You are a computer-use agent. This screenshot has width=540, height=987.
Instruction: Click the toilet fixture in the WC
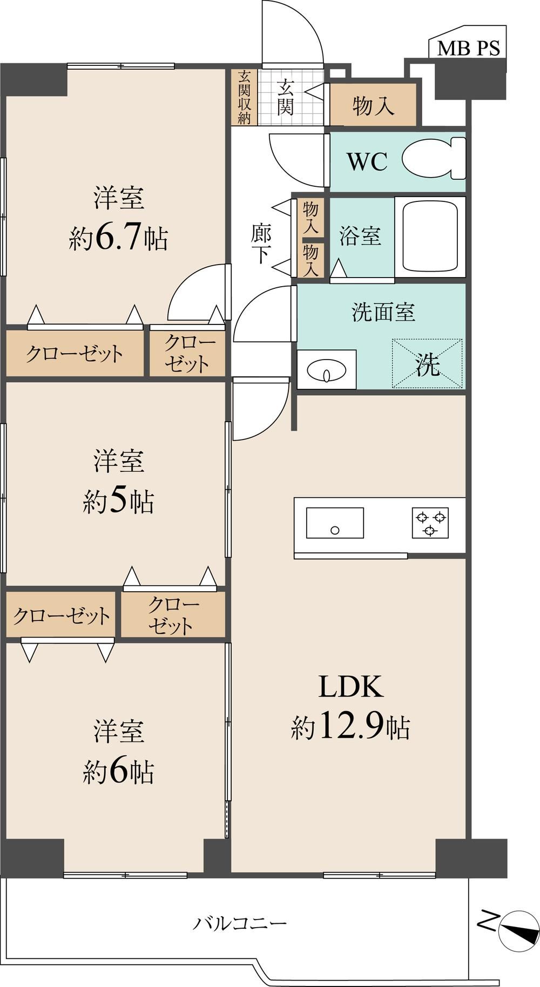click(434, 158)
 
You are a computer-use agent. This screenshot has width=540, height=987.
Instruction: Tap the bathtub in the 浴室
click(430, 237)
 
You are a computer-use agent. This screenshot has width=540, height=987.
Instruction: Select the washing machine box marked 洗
click(427, 363)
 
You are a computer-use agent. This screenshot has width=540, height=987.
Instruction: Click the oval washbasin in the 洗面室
click(327, 370)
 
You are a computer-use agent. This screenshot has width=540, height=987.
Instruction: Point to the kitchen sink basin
click(335, 523)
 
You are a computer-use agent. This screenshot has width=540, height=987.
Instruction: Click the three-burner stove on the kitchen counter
click(430, 523)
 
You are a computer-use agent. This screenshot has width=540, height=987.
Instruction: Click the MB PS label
click(468, 48)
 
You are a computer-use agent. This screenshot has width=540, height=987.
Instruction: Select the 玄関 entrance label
click(286, 97)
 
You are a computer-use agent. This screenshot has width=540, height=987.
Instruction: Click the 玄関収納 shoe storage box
click(244, 97)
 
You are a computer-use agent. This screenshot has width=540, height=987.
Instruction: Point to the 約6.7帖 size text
click(118, 238)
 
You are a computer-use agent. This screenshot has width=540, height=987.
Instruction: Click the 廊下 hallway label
click(261, 244)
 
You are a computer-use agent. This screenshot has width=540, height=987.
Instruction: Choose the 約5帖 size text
click(119, 502)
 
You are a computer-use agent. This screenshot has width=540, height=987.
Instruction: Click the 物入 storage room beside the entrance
click(373, 105)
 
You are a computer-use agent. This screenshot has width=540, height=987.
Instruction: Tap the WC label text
click(367, 161)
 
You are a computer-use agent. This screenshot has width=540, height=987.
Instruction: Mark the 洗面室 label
click(383, 312)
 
